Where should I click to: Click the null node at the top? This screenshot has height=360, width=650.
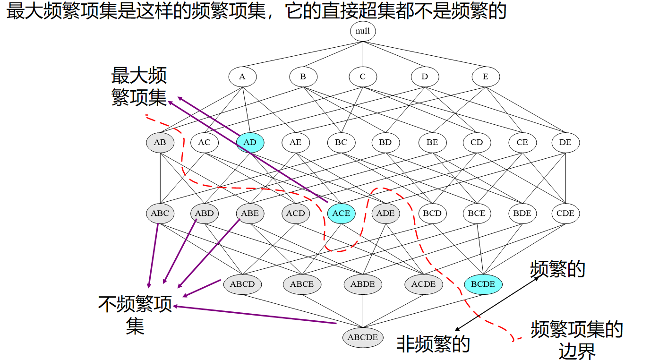(363, 32)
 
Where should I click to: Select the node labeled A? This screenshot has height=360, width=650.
(242, 77)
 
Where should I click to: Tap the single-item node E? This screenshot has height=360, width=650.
(485, 77)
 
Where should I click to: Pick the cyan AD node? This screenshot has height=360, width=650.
(250, 142)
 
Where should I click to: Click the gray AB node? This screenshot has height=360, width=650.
(160, 142)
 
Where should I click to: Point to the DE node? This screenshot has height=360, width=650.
(565, 142)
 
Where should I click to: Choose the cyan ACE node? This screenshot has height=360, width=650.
(341, 213)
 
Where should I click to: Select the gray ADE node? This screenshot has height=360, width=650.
(385, 213)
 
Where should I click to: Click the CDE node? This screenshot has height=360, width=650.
(565, 213)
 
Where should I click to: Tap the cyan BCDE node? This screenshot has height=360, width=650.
(483, 284)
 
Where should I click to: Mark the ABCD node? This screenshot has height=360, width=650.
(242, 284)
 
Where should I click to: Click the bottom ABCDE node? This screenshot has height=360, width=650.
(363, 337)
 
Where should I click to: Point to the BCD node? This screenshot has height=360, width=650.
(432, 213)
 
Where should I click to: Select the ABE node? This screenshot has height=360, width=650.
(250, 213)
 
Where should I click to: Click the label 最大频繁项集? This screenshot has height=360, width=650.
(139, 86)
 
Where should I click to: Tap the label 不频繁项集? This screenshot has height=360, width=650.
(135, 315)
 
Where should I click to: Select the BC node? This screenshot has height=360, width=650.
(341, 142)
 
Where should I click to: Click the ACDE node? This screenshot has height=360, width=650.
(423, 284)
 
